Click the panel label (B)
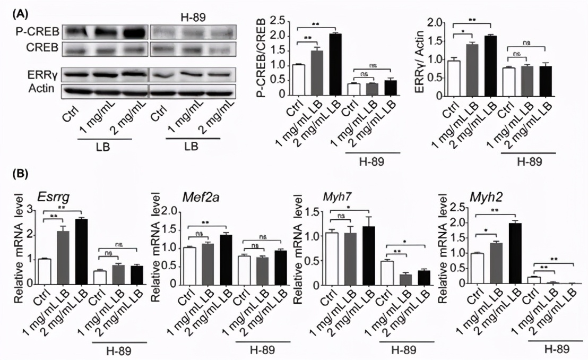[21, 174]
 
